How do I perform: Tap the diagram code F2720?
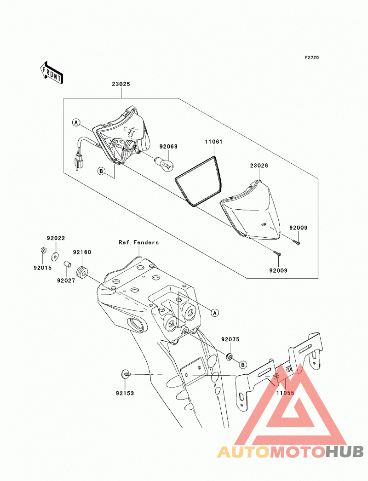[x=312, y=57]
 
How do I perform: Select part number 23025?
[x=121, y=84]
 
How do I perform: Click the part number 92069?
[x=168, y=146]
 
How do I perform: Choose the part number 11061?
[x=213, y=142]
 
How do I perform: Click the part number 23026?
[x=259, y=166]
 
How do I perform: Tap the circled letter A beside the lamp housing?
[x=76, y=123]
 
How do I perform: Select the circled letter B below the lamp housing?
[x=101, y=171]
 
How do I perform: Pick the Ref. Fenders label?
[x=139, y=242]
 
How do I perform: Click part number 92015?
[x=43, y=268]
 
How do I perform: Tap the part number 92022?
[x=56, y=238]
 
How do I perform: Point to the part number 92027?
[x=66, y=281]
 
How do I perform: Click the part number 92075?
[x=230, y=339]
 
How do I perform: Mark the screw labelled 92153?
[x=126, y=375]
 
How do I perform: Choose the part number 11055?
[x=285, y=393]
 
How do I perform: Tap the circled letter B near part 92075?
[x=243, y=365]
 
